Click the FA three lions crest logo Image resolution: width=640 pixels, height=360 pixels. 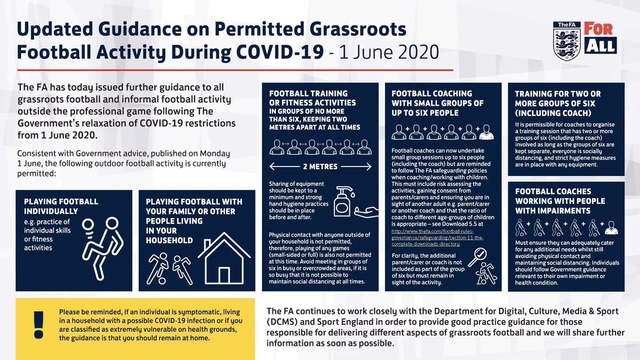pos(566,41)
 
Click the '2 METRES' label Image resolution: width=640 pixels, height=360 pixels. pos(320,166)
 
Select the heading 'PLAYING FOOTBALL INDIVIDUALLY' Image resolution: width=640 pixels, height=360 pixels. pos(62,207)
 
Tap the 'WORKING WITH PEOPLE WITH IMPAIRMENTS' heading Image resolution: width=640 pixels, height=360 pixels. pos(560,201)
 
